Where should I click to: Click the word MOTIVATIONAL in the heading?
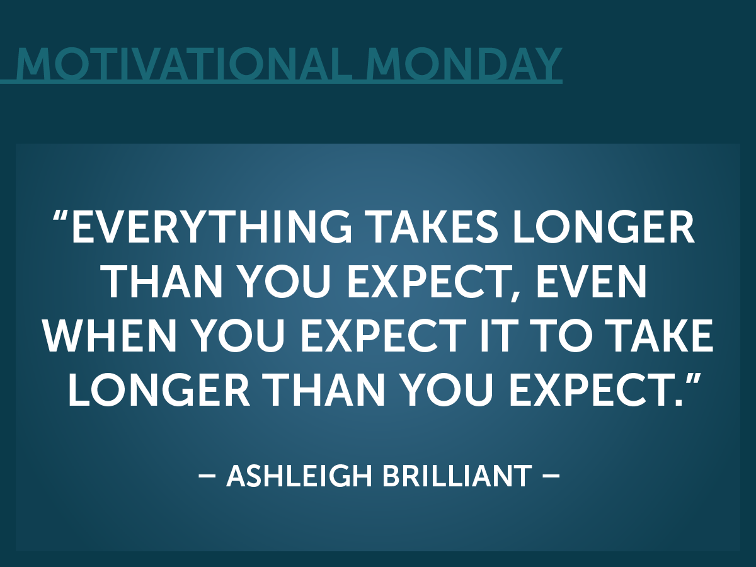(x=184, y=64)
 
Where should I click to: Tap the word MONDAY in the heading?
(x=464, y=64)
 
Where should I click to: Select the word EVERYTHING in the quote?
(x=212, y=227)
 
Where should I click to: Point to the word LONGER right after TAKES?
(x=604, y=227)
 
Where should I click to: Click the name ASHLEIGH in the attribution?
(x=299, y=476)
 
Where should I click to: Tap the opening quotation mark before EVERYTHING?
(x=60, y=217)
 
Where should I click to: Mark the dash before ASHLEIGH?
(x=207, y=476)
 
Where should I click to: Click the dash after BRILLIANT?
(x=551, y=476)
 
